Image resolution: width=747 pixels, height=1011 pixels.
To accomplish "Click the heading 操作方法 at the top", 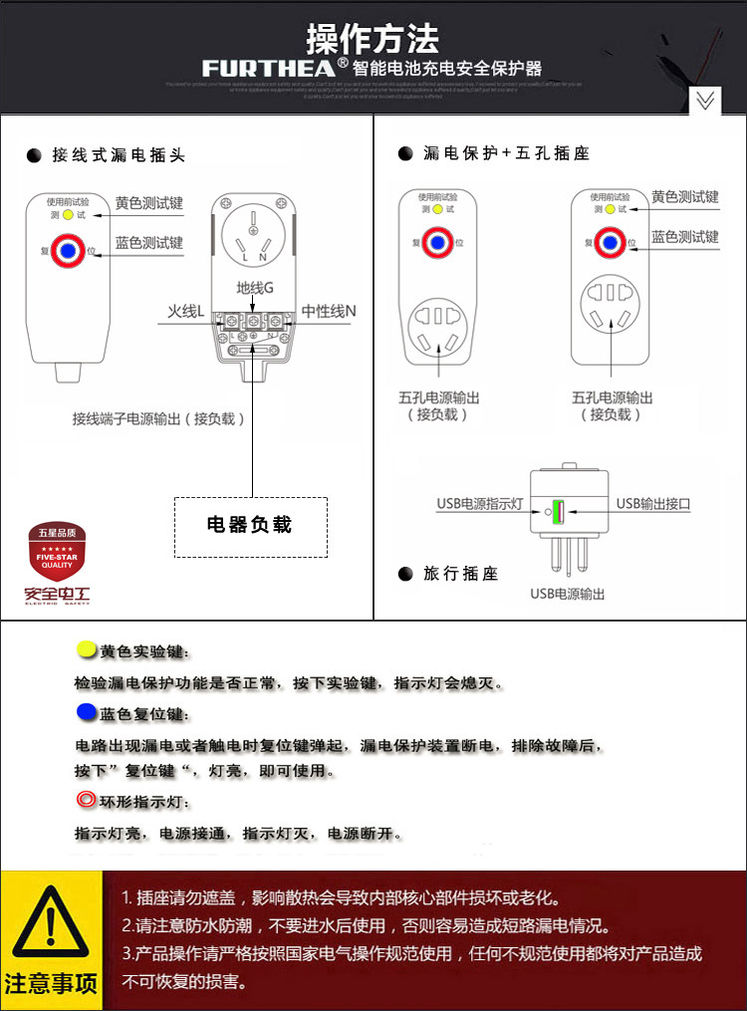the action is coord(373,40).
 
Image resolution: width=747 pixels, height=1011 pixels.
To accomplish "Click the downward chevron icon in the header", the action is coord(705,101).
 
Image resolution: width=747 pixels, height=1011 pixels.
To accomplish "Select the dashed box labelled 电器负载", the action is coord(250,525).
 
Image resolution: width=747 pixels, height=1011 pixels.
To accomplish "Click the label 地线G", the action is coord(255,288).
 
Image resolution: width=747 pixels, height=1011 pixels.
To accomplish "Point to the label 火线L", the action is coord(185,312).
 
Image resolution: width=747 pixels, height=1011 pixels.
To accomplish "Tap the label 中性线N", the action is coord(329,312).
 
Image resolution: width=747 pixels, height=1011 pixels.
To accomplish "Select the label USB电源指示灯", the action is coord(480,503).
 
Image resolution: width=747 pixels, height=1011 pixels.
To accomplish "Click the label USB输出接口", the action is coord(653,503).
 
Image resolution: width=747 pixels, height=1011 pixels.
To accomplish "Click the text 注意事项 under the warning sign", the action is coord(51,985).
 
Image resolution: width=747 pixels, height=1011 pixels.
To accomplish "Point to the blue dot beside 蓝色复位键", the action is coord(85,712).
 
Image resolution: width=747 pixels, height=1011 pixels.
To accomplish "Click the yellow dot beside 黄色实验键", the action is coord(86,650).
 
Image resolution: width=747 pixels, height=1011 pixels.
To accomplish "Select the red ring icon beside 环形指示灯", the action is coord(85,800).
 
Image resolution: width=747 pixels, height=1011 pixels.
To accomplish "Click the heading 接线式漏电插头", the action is coord(119,155).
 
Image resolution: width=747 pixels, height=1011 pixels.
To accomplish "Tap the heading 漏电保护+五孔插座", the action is coord(506,153).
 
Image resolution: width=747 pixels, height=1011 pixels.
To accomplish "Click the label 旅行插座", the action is coord(460,574).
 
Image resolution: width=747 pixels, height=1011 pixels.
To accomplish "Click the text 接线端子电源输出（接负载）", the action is coord(158,418).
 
